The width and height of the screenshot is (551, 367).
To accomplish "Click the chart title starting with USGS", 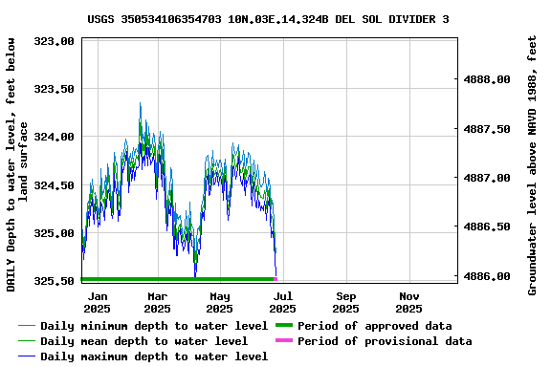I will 269,18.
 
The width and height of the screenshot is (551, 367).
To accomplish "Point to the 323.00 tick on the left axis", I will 55,42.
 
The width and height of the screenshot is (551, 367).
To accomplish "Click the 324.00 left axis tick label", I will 55,137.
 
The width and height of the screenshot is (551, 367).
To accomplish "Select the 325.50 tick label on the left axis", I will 55,281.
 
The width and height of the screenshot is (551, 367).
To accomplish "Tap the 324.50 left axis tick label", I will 55,185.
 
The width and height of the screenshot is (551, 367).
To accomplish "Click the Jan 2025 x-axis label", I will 97,302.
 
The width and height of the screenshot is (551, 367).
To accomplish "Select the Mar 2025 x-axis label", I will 158,302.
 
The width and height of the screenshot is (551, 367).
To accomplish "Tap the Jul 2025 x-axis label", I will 282,302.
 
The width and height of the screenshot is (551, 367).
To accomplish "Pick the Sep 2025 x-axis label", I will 346,302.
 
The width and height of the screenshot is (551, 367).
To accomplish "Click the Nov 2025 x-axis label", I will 408,302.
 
